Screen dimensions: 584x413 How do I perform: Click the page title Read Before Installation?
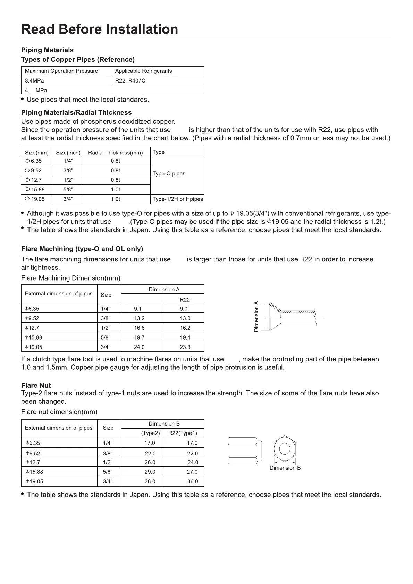(x=100, y=29)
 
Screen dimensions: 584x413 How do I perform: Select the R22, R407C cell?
(x=130, y=81)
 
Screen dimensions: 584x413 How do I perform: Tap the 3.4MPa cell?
(x=34, y=81)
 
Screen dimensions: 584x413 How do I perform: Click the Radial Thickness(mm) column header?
(x=116, y=153)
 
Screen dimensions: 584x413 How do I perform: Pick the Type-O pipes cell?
(x=169, y=174)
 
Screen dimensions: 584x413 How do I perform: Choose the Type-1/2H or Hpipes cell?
(x=178, y=199)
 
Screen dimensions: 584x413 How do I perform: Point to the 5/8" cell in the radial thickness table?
(x=68, y=190)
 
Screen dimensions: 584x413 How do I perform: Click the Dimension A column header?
(x=164, y=290)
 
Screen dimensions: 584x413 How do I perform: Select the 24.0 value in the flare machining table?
(x=139, y=347)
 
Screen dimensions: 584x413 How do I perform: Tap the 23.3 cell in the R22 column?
(x=185, y=347)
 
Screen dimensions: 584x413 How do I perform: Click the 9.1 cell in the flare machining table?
(x=137, y=309)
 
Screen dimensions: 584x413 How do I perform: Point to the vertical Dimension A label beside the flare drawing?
(x=256, y=317)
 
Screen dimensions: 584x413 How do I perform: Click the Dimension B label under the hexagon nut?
(x=285, y=468)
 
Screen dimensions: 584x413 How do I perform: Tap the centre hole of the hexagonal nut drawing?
(x=285, y=449)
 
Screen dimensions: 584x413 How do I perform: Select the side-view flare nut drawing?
(x=245, y=450)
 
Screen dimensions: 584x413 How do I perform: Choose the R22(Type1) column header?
(x=183, y=433)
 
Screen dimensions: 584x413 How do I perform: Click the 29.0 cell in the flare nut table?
(x=150, y=472)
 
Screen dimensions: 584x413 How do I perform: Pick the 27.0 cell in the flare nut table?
(x=192, y=472)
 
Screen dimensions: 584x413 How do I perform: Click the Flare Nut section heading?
(x=36, y=385)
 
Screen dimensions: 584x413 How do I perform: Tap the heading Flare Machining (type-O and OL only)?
(x=82, y=249)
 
